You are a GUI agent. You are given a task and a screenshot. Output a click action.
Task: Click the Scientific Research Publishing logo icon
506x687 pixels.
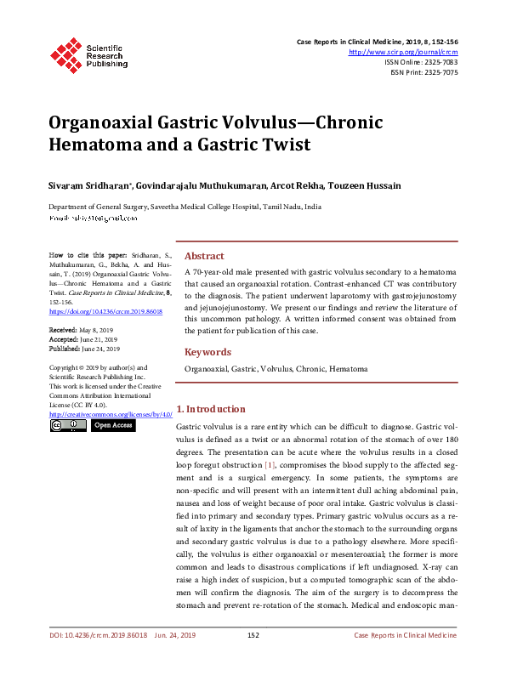[x=65, y=54]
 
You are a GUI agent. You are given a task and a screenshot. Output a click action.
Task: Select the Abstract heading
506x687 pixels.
[x=204, y=256]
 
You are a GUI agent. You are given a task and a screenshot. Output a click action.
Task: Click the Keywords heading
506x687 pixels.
[x=208, y=352]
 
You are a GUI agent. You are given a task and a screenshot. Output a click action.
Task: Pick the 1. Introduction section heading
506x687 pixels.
[x=210, y=409]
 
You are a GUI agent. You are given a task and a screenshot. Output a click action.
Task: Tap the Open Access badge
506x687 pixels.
[x=112, y=425]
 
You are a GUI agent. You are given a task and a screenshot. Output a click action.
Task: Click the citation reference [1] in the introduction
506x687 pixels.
[x=269, y=466]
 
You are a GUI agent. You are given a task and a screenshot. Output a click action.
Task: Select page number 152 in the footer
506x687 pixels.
[x=253, y=659]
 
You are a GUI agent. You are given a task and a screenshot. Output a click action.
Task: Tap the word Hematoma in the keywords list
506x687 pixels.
[x=349, y=370]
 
